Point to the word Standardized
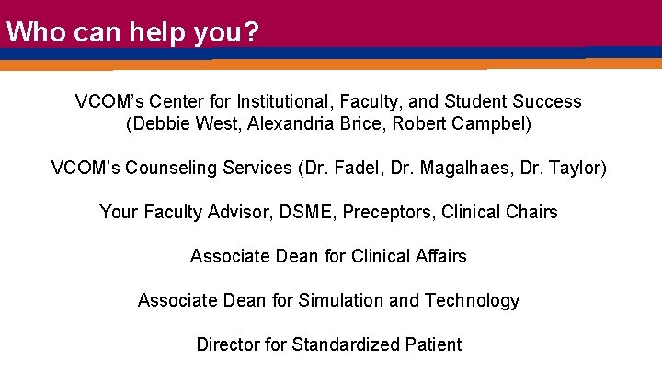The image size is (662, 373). tap(345, 344)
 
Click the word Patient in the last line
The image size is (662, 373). tap(432, 344)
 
